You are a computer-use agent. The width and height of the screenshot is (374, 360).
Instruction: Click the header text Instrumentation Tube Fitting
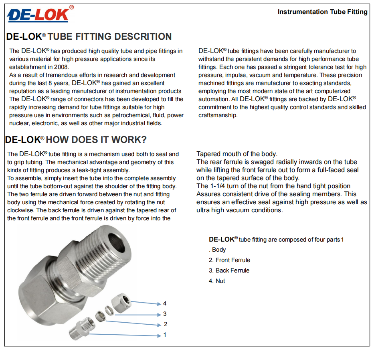pyautogui.click(x=322, y=12)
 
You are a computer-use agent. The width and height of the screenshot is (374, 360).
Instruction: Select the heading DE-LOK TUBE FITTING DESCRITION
pyautogui.click(x=89, y=37)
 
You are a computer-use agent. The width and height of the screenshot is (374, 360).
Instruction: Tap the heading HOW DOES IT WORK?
pyautogui.click(x=96, y=140)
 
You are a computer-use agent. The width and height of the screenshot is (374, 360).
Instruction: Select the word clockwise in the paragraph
pyautogui.click(x=20, y=210)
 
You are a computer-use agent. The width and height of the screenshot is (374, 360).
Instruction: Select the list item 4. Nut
pyautogui.click(x=217, y=281)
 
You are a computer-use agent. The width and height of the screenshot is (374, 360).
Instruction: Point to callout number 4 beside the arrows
pyautogui.click(x=165, y=304)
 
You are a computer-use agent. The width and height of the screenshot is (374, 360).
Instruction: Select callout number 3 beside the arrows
pyautogui.click(x=165, y=314)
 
